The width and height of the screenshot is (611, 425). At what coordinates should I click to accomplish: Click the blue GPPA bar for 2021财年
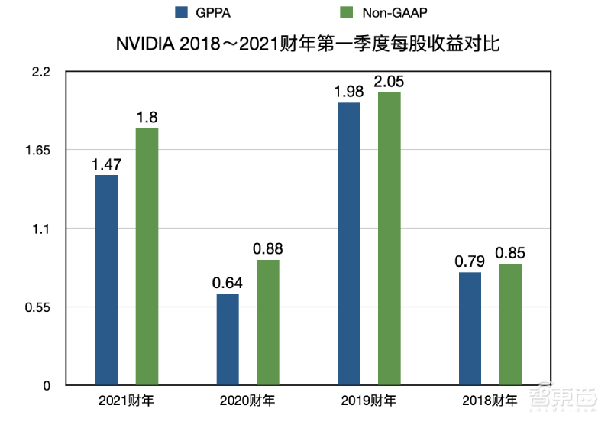point(106,280)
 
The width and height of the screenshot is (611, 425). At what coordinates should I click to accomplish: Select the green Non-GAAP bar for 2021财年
point(147,257)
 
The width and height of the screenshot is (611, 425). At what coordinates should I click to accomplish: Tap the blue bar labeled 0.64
point(228,339)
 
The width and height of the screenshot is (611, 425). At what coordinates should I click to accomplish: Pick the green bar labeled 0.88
point(267,323)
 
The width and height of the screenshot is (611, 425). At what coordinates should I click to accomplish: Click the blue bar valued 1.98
point(349,244)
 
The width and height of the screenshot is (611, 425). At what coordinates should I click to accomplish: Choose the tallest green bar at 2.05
point(389,238)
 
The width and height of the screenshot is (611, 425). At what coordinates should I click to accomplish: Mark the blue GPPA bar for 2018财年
point(470,329)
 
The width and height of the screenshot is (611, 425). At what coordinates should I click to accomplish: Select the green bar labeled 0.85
point(510,324)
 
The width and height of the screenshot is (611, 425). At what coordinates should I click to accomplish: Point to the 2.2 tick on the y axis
point(40,72)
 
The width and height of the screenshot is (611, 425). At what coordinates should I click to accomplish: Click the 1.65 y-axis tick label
point(37,151)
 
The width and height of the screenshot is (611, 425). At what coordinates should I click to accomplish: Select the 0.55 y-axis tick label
point(37,307)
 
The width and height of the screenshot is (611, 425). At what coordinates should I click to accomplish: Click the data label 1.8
point(147,117)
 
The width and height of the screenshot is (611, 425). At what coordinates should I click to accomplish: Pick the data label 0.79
point(470,261)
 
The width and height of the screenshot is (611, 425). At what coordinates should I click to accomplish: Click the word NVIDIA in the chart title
point(144,44)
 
